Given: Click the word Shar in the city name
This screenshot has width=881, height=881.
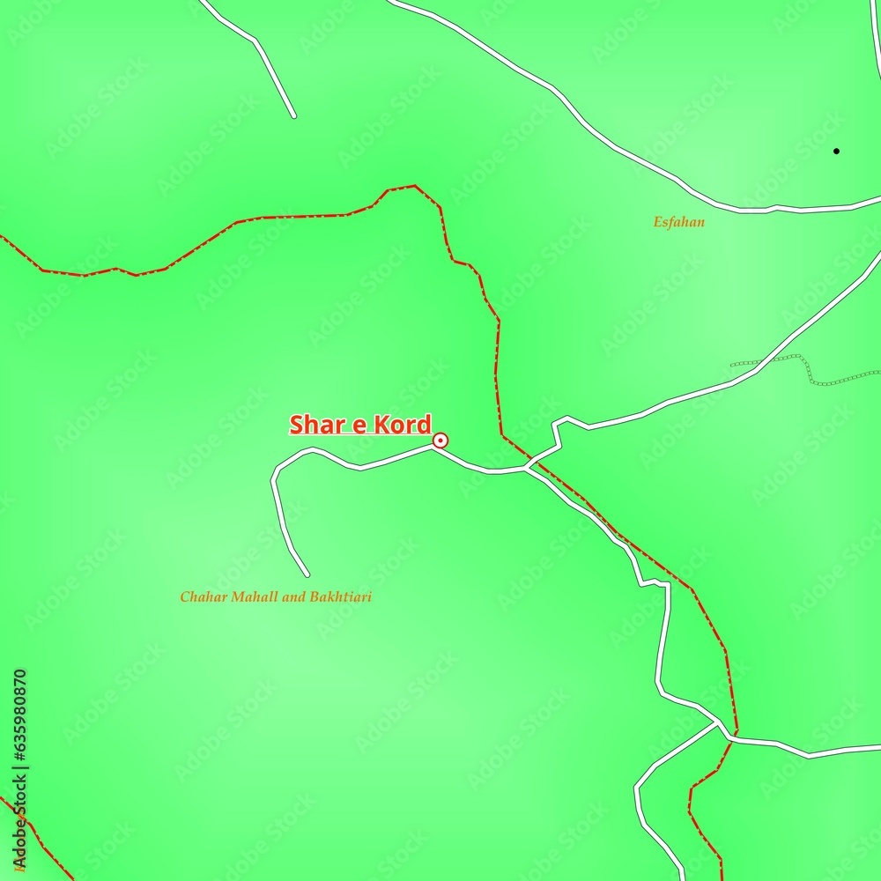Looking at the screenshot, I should click(315, 425).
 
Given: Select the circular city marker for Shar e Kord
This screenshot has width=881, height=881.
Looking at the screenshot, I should click(440, 440).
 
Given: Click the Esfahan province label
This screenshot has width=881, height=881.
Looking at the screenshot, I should click(678, 222).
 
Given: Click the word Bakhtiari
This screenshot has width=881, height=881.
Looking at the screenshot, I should click(339, 597).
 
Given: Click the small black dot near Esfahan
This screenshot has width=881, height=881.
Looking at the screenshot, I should click(836, 151).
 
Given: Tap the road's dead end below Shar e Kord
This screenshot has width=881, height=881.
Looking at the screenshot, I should click(307, 574).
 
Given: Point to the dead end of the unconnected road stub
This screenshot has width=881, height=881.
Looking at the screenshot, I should click(293, 115).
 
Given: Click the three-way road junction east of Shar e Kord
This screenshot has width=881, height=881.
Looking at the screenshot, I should click(527, 468).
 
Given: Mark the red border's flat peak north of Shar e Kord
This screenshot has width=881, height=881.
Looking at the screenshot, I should click(401, 187).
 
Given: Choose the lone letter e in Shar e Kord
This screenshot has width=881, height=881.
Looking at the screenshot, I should click(358, 426).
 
